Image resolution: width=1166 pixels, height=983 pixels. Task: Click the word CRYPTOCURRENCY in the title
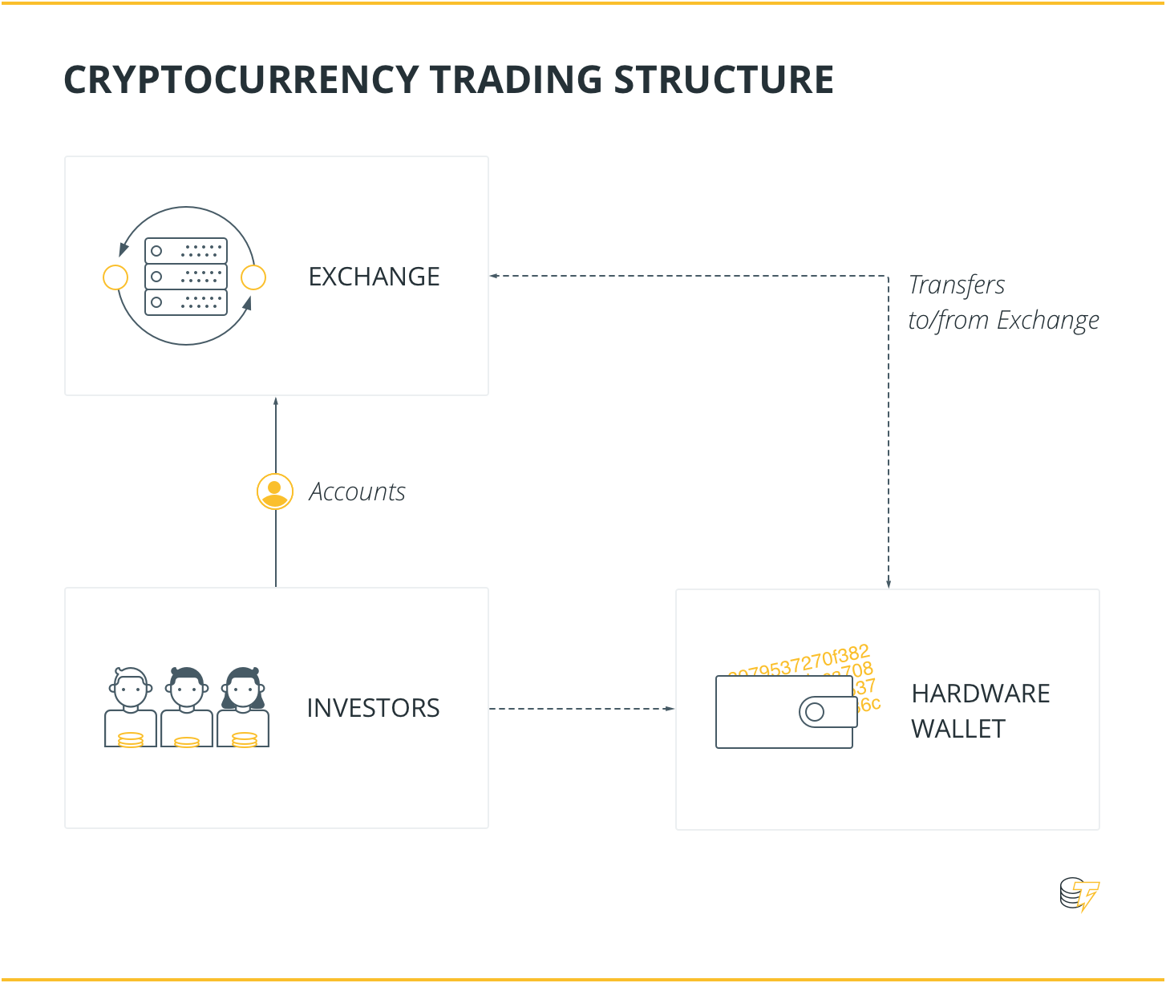click(241, 80)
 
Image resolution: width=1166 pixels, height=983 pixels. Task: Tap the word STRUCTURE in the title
click(723, 80)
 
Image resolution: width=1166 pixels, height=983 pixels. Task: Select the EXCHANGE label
click(374, 277)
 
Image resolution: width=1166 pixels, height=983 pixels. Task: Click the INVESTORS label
click(373, 708)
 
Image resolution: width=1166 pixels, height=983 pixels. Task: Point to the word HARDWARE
click(980, 694)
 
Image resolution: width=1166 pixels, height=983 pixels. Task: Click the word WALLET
click(957, 729)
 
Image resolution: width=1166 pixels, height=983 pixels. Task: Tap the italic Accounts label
click(357, 491)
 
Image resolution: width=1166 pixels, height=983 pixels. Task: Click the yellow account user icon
click(275, 491)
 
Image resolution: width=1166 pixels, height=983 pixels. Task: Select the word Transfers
click(956, 285)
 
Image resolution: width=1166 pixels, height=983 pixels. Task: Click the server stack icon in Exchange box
click(186, 277)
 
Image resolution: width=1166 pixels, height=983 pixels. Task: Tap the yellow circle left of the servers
click(116, 277)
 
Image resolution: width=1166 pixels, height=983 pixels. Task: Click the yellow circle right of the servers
click(253, 277)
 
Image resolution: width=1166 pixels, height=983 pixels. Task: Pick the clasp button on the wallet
click(815, 712)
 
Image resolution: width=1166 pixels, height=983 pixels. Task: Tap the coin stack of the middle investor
click(187, 742)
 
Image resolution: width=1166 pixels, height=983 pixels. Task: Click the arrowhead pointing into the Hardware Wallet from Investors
click(670, 709)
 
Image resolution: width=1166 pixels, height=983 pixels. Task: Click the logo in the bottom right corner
click(1079, 895)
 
